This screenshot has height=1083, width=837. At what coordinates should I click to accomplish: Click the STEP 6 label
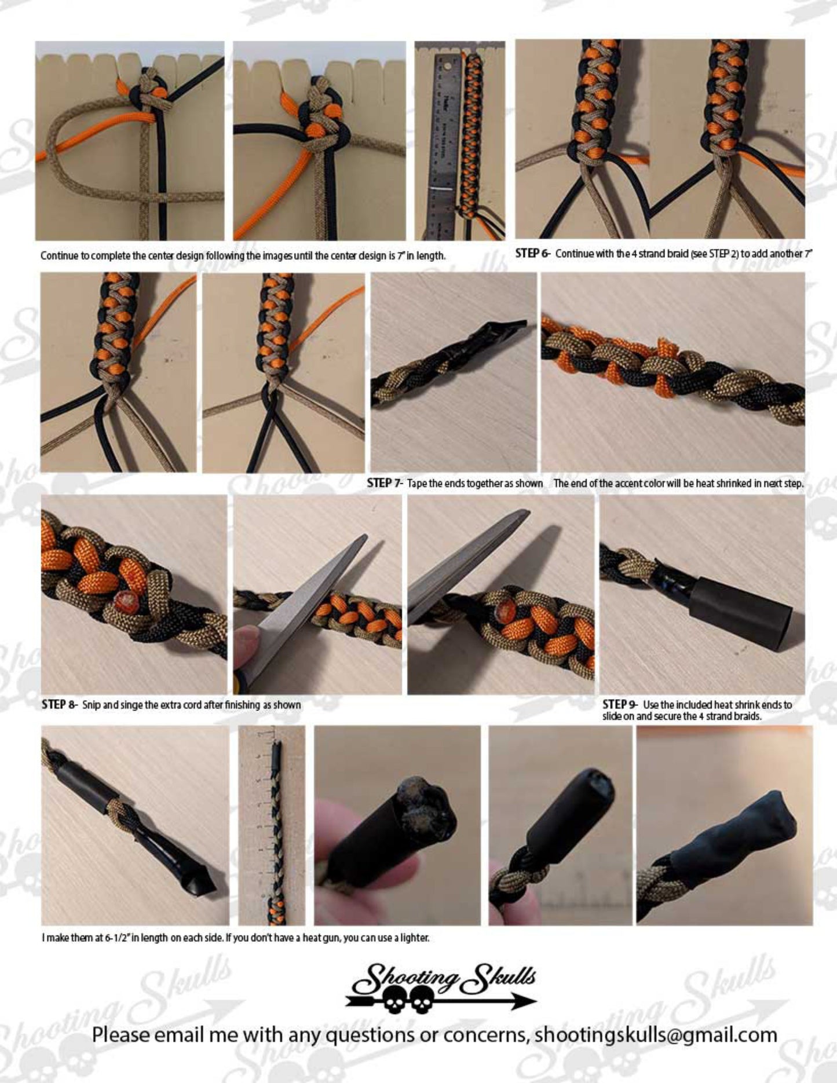tap(531, 253)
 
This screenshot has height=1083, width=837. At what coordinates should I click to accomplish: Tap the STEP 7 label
tap(383, 483)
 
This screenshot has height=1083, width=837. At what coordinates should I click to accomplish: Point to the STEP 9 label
tap(619, 704)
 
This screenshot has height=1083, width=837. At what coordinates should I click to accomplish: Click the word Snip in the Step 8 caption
tap(90, 705)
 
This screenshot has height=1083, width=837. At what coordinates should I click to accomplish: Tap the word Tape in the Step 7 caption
tap(417, 483)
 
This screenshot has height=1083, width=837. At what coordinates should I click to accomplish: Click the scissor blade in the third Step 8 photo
tap(463, 562)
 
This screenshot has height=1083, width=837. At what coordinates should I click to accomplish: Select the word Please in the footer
tap(120, 1034)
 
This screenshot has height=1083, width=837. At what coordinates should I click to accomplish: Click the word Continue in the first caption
tap(59, 255)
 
